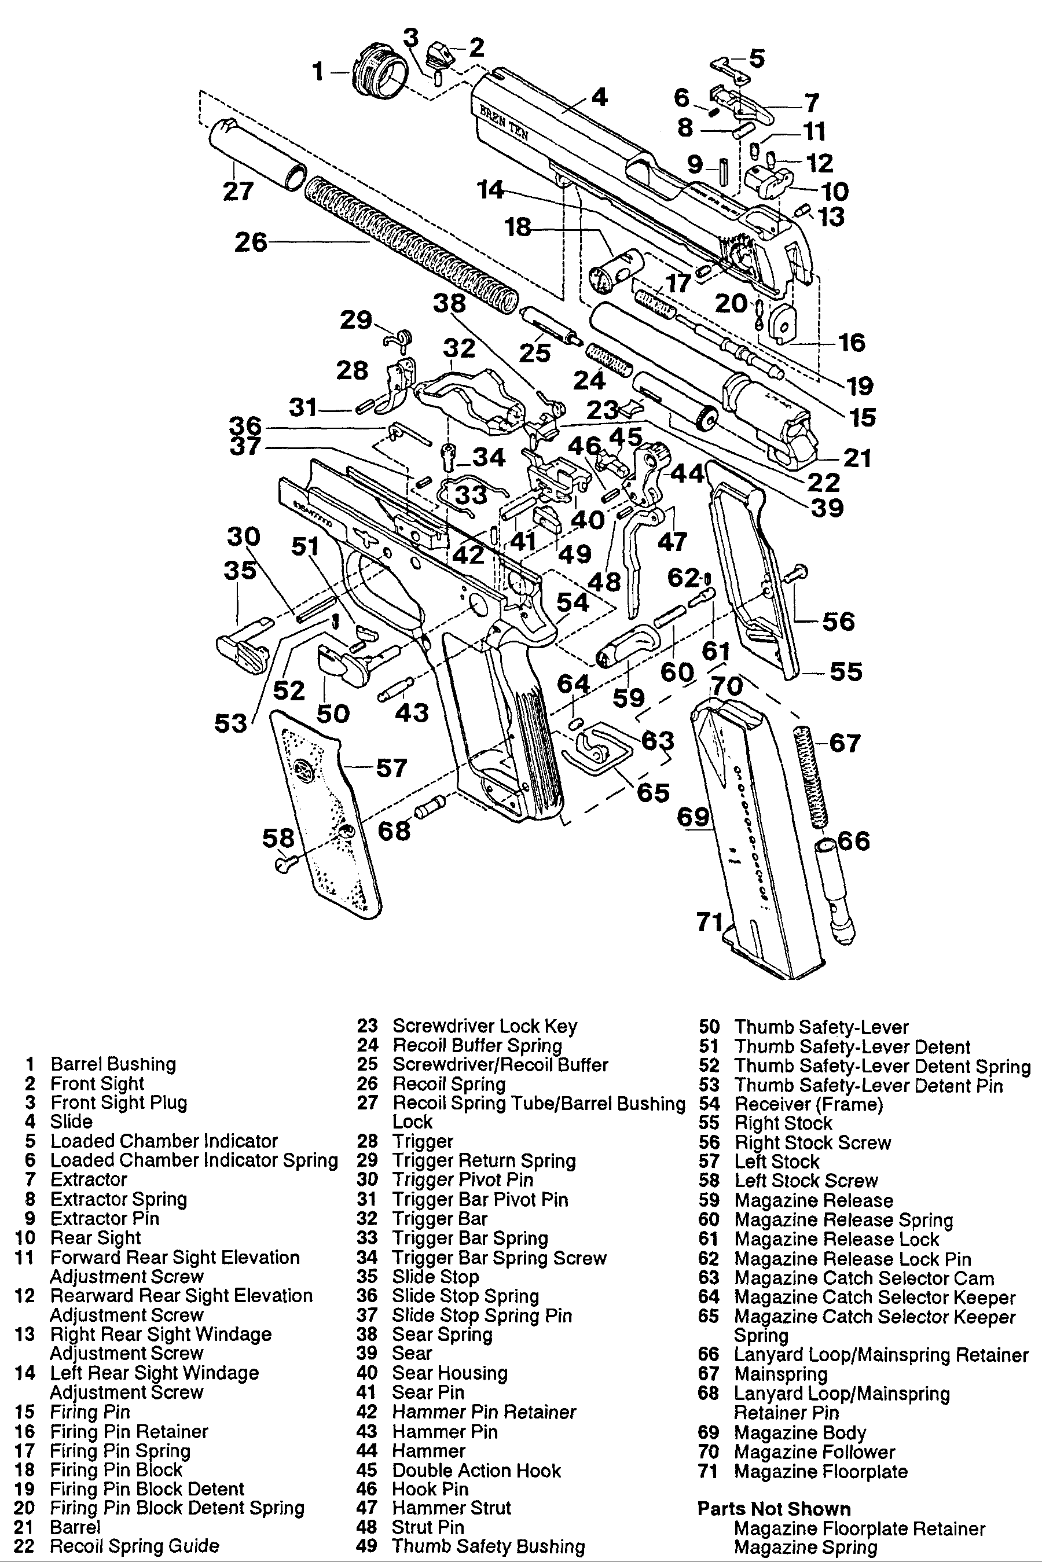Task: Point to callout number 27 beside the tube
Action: (x=238, y=192)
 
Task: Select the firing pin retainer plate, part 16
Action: (x=782, y=324)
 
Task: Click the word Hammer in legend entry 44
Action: (x=428, y=1451)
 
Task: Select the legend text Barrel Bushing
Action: (x=113, y=1064)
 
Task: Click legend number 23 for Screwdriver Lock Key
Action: (x=367, y=1027)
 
